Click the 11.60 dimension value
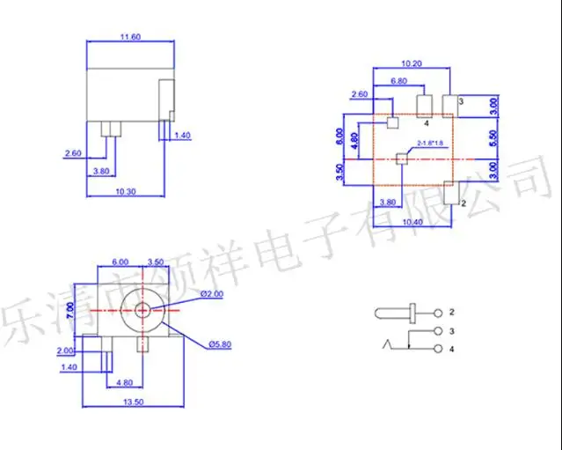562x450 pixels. tap(129, 36)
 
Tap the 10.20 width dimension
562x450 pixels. tap(412, 63)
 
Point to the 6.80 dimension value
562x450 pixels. tap(398, 81)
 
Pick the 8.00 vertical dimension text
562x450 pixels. tap(340, 136)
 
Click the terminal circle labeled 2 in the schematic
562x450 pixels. tap(437, 313)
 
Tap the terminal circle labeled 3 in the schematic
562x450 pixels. tap(437, 332)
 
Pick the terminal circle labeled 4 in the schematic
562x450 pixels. tap(437, 350)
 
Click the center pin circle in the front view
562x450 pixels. tap(142, 310)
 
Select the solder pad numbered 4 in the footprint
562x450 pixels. tap(423, 106)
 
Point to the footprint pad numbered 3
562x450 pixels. tap(450, 105)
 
